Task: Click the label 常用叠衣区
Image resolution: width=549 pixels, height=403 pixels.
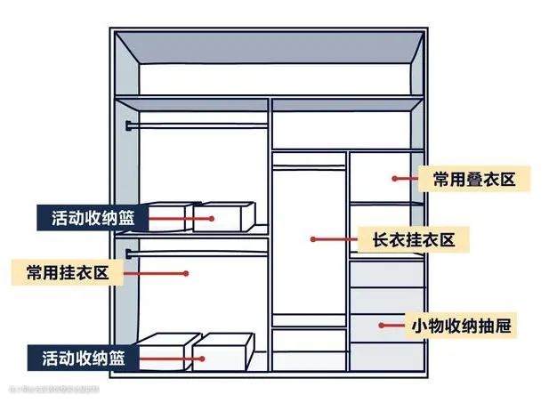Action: point(474,178)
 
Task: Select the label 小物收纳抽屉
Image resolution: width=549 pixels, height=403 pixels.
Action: point(461,326)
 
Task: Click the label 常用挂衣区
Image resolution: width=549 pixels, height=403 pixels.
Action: point(68,272)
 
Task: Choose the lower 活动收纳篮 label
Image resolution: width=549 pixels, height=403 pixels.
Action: point(82,359)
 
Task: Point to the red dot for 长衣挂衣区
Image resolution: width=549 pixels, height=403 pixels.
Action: point(313,238)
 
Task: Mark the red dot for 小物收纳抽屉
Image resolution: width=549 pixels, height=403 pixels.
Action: point(381,326)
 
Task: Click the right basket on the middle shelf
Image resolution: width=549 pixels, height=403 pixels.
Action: point(224,217)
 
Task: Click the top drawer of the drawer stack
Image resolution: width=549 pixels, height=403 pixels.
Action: point(386,273)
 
